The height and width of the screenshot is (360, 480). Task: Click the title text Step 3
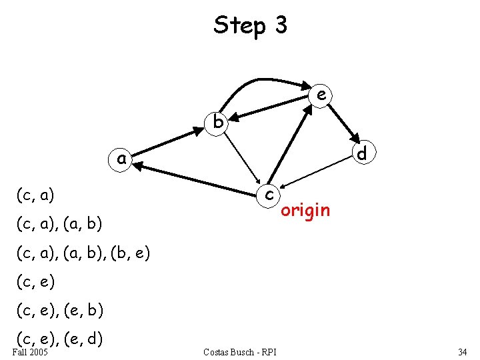[x=250, y=25]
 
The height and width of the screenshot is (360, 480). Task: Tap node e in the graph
[x=321, y=95]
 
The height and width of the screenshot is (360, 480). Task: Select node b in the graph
[x=217, y=121]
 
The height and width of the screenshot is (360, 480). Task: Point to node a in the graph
[x=121, y=159]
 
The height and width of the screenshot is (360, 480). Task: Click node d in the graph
[x=362, y=154]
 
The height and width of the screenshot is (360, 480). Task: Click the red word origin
[x=305, y=211]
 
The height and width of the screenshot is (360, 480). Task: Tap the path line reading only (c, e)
[x=35, y=282]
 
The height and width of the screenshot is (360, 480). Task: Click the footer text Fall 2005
[x=30, y=351]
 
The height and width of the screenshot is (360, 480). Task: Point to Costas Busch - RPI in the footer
[x=240, y=351]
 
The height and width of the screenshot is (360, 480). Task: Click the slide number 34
[x=463, y=351]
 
